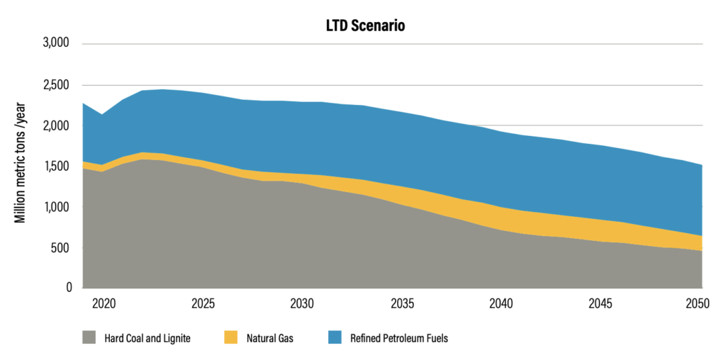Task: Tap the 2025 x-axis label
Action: pos(203,303)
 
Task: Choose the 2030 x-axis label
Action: pos(302,303)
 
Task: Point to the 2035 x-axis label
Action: pos(402,303)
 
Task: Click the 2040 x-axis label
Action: pos(501,303)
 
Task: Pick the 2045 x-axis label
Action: pos(601,303)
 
